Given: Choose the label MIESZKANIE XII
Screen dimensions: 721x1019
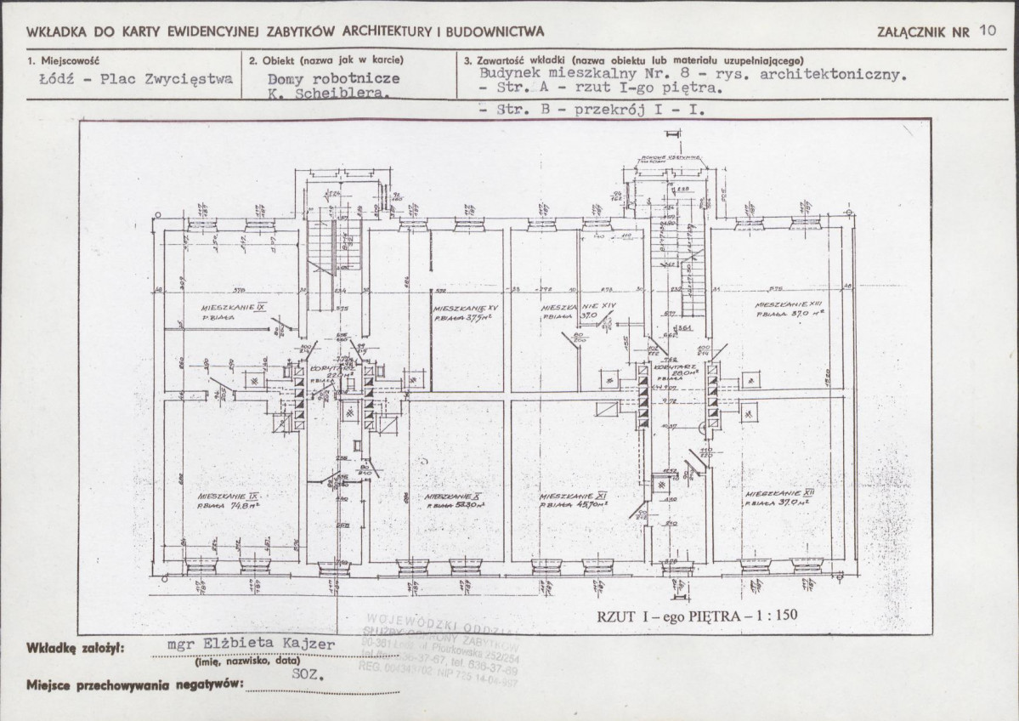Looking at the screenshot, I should [780, 493].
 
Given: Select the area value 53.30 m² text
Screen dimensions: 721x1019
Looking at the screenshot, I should [451, 505].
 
